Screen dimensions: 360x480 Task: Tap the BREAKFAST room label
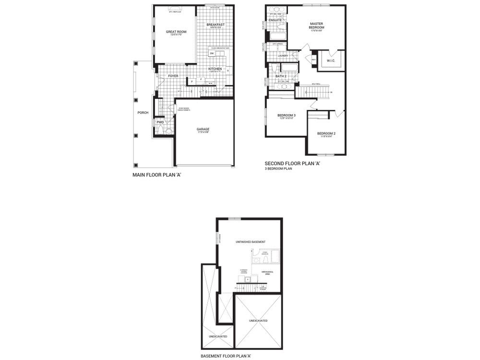coord(216,24)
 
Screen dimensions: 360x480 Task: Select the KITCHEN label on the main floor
coord(215,69)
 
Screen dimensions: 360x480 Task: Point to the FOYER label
coord(173,76)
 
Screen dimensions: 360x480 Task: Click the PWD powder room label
coord(160,122)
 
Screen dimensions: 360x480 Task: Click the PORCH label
coord(143,113)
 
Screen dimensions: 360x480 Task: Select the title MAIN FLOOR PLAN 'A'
coord(156,175)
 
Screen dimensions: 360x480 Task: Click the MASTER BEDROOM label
coord(317,25)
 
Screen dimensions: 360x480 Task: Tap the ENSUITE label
coord(275,20)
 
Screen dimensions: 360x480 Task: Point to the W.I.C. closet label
coord(331,60)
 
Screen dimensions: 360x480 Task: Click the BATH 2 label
coord(281,76)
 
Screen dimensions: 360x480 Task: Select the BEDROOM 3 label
coord(286,116)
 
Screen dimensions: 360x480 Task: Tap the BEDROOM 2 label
coord(326,133)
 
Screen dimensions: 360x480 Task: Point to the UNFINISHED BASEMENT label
coord(251,242)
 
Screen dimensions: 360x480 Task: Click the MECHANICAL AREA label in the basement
coord(268,272)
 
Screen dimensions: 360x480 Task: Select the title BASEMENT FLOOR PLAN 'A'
coord(226,356)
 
